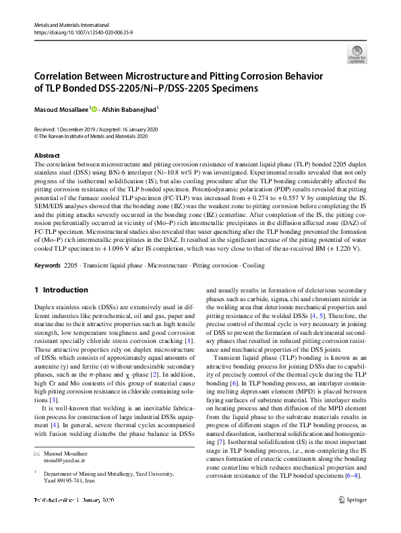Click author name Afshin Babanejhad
131,109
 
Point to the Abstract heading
47,155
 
